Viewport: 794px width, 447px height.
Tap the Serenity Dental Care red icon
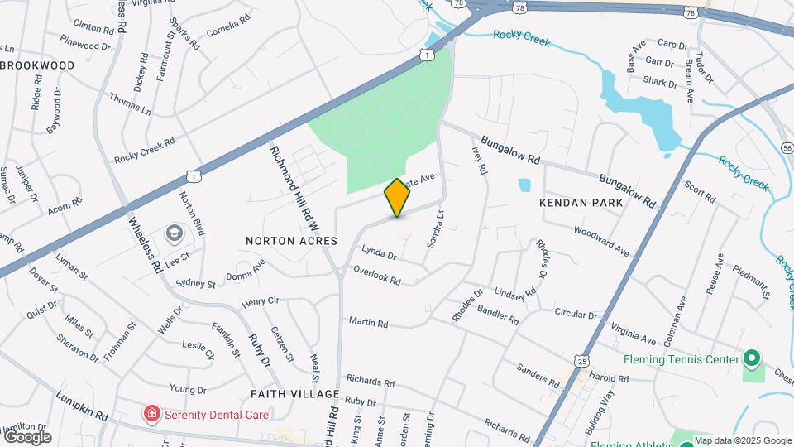(x=151, y=413)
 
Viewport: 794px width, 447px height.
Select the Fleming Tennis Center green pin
(x=751, y=360)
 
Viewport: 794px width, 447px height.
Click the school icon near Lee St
(x=175, y=234)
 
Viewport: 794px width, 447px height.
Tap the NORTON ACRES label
(x=291, y=240)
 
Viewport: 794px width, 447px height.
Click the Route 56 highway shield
(x=787, y=147)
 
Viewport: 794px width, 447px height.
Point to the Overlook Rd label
(x=376, y=276)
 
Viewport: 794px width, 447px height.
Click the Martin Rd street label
(x=368, y=321)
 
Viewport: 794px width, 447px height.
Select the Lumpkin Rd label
(x=83, y=404)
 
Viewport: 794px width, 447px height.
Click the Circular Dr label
(x=576, y=315)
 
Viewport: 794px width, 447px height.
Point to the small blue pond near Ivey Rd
(x=524, y=185)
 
